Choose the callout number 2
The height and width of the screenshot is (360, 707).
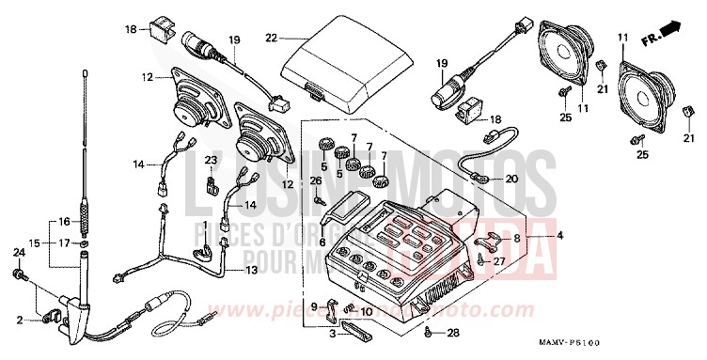(x=18, y=321)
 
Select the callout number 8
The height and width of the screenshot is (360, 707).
(x=516, y=239)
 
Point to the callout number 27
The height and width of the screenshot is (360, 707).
(x=498, y=263)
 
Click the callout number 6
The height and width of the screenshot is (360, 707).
(x=322, y=242)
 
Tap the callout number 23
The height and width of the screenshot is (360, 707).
(x=212, y=161)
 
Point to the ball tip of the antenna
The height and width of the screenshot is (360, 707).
(x=85, y=70)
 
